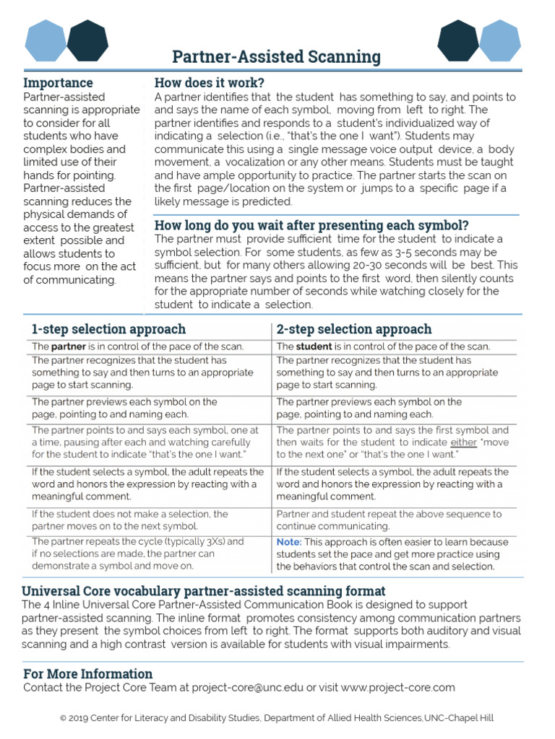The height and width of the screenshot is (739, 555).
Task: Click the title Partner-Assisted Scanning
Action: [x=276, y=56]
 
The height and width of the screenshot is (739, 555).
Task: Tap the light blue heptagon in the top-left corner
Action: [x=46, y=40]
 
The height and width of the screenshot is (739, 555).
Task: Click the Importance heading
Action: [x=58, y=82]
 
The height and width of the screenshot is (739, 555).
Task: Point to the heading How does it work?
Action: [x=210, y=82]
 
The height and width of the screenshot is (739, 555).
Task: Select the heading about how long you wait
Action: [x=311, y=224]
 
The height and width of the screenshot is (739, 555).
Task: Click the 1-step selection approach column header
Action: [x=108, y=329]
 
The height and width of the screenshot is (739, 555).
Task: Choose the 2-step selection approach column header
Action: [x=354, y=329]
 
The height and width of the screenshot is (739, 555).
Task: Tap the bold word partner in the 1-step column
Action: [x=69, y=346]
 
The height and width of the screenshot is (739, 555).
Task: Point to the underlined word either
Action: [x=464, y=442]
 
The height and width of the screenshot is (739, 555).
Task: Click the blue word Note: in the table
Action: [x=289, y=541]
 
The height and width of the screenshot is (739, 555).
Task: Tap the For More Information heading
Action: [x=88, y=673]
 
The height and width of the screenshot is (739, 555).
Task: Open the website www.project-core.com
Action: [x=397, y=687]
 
